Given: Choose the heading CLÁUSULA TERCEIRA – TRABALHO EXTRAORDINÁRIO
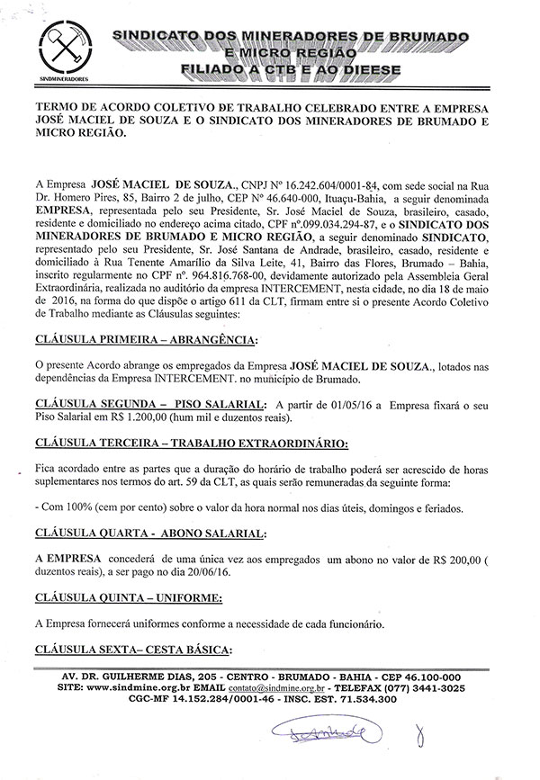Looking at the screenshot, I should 190,444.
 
